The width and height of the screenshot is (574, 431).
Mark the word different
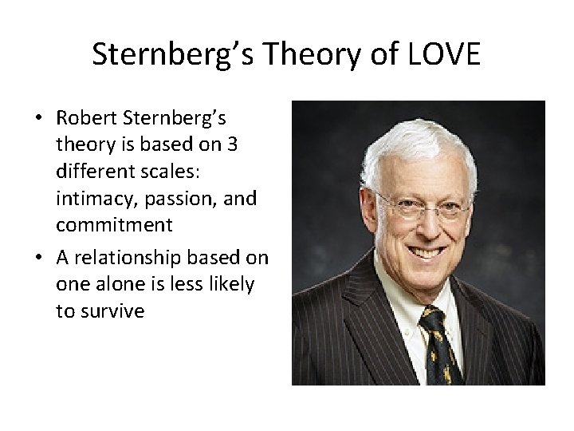[x=94, y=172]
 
